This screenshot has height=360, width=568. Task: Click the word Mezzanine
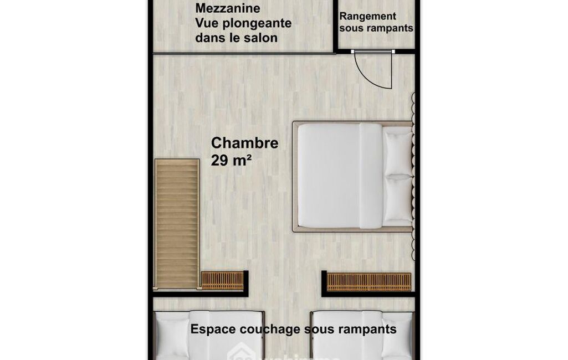(228, 8)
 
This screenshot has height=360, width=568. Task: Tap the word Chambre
(244, 143)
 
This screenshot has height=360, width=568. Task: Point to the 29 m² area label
(231, 160)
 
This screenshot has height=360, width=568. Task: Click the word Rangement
(368, 17)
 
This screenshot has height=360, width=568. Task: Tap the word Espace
(213, 329)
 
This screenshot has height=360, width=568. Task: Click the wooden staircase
(177, 223)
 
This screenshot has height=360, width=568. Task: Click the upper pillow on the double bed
(398, 153)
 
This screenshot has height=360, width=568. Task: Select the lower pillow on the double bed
(398, 198)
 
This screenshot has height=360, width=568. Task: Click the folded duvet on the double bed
(371, 176)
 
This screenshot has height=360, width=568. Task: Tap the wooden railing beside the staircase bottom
(222, 281)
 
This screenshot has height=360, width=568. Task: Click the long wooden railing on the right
(369, 282)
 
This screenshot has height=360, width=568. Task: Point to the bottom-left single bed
(208, 336)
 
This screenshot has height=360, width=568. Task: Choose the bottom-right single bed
(363, 336)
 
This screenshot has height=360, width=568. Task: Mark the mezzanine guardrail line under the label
(244, 53)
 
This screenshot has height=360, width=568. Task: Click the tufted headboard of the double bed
(413, 176)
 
